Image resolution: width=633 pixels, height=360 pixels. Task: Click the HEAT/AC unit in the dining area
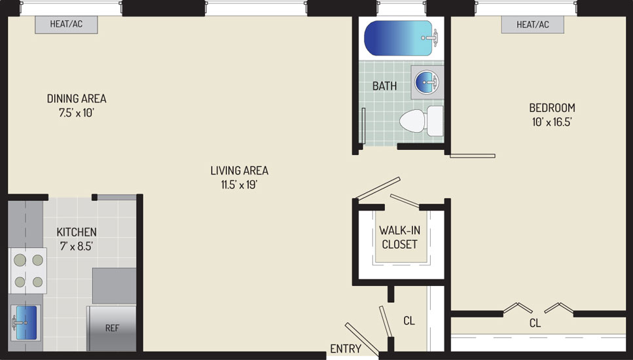click(66, 25)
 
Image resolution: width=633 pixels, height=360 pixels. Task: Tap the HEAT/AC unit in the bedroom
click(532, 25)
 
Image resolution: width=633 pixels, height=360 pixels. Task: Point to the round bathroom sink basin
click(426, 82)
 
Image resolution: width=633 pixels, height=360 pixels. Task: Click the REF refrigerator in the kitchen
click(111, 328)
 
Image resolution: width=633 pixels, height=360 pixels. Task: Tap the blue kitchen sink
click(26, 322)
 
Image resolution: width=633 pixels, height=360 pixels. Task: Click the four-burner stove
click(28, 270)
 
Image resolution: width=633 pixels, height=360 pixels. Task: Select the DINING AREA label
click(77, 98)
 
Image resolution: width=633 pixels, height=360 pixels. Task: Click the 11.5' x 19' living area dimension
click(240, 185)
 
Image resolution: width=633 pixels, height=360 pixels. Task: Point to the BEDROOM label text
click(552, 108)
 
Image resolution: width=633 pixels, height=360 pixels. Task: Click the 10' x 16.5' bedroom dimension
click(552, 122)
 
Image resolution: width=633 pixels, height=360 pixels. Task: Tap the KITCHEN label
click(77, 232)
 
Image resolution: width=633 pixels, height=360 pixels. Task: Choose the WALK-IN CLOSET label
click(399, 238)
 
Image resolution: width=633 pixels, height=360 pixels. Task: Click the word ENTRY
click(346, 349)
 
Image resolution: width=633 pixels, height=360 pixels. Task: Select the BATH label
click(384, 86)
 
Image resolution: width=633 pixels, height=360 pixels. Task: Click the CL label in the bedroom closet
click(535, 323)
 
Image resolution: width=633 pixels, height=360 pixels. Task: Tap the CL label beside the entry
click(409, 321)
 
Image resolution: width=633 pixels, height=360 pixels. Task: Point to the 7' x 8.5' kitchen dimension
click(77, 246)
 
